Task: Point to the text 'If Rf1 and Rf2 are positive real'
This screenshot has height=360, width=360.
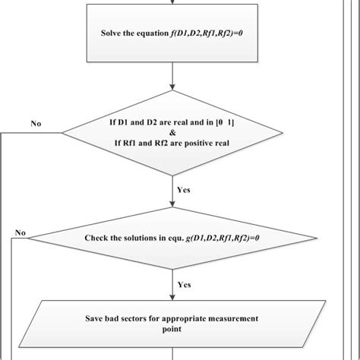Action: click(175, 141)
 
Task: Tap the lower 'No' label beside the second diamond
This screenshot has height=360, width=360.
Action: click(21, 232)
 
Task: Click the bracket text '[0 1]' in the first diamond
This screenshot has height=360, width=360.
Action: click(237, 120)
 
